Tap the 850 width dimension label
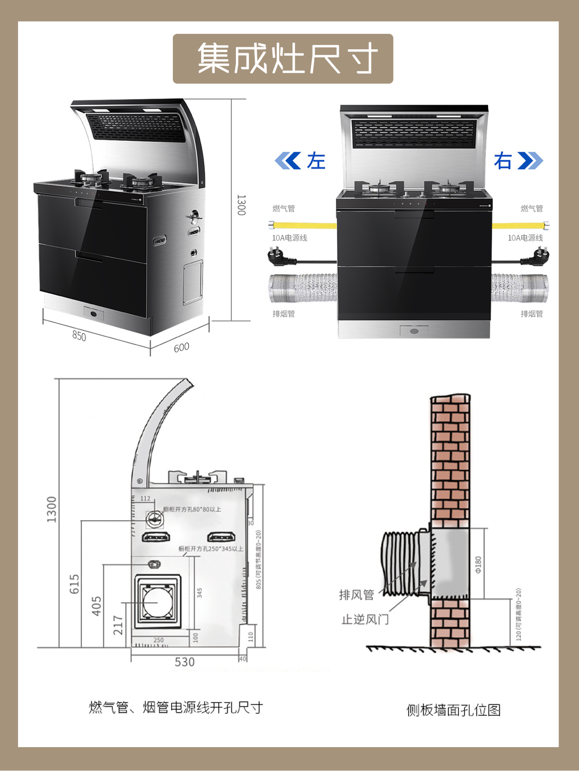pos(79,336)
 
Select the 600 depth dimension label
pos(181,347)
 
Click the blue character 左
pos(316,161)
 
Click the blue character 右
pos(502,161)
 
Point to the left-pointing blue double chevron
pos(288,161)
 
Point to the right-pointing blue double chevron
pos(530,161)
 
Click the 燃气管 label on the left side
pos(283,208)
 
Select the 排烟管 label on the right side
pos(531,314)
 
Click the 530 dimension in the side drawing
pos(185,662)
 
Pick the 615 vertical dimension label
pos(74,584)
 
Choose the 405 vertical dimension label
pos(97,606)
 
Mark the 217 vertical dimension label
pos(118,625)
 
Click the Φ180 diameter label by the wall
pos(478,565)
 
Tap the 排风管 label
pos(357,595)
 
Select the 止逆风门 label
pos(365,619)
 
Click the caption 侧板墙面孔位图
pos(453,710)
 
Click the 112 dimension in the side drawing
pos(145,499)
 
